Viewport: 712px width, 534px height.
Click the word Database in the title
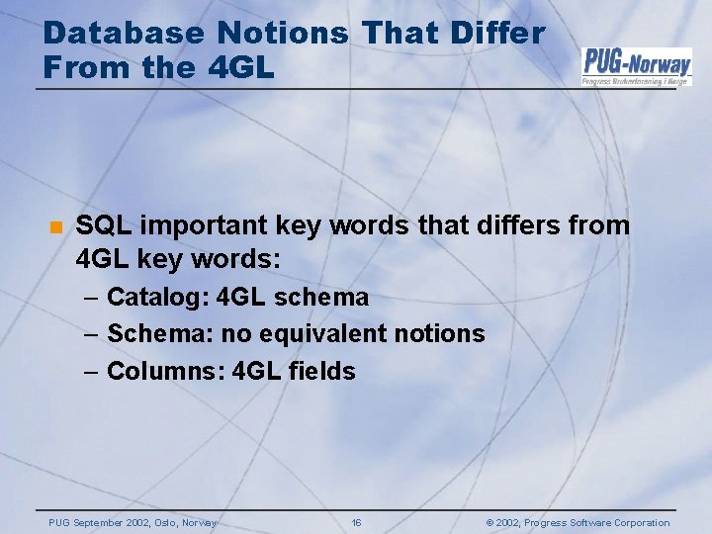point(125,33)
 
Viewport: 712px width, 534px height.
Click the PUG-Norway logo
point(636,66)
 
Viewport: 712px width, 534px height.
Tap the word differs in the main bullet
point(511,225)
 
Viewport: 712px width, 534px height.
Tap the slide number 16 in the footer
point(357,523)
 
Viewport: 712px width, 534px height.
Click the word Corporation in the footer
point(640,523)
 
